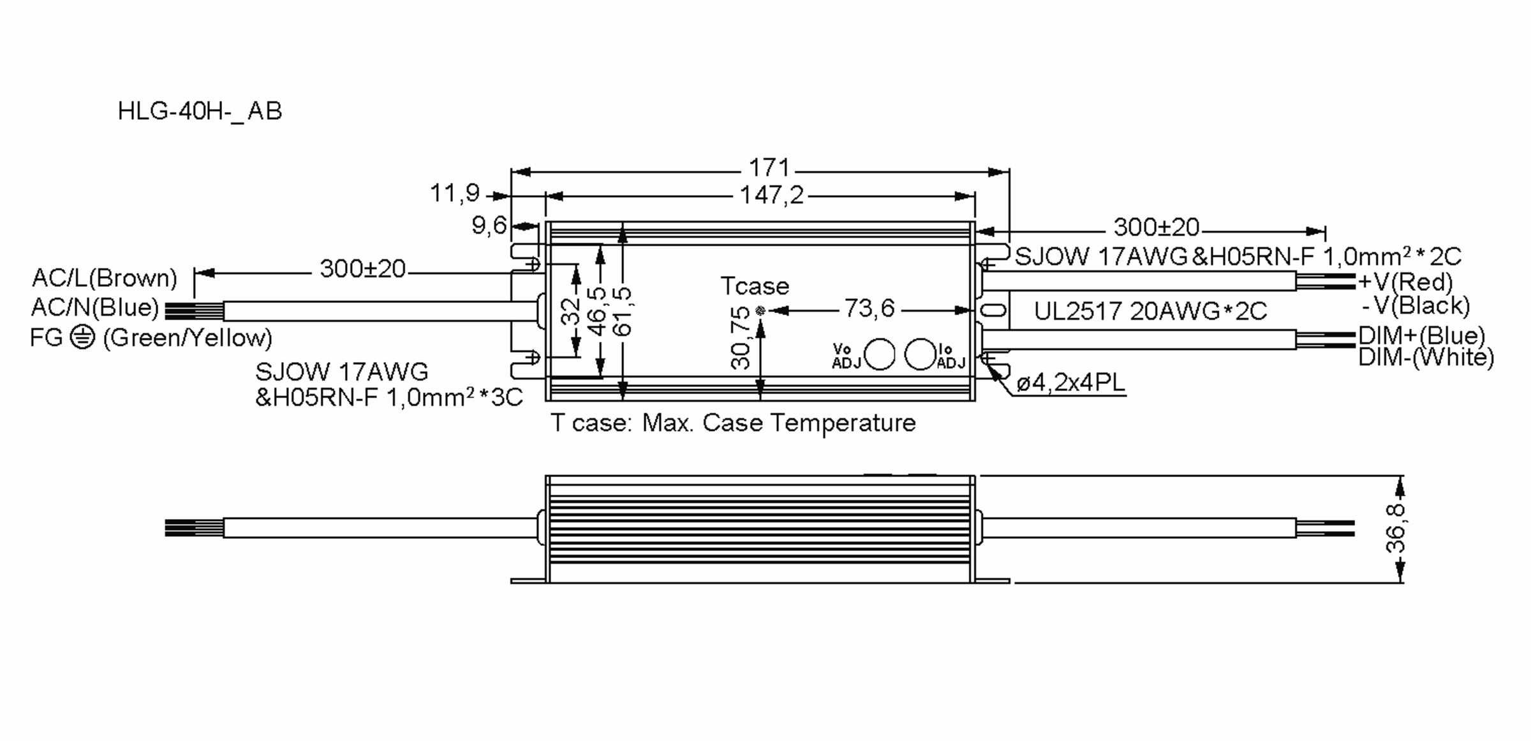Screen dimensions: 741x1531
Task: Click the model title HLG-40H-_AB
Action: click(x=200, y=112)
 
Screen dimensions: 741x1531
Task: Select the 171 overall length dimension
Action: click(x=769, y=168)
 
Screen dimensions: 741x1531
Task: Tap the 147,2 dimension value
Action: click(x=771, y=195)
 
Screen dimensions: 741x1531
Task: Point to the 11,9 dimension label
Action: click(x=454, y=193)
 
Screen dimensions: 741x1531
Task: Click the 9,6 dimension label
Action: click(x=489, y=225)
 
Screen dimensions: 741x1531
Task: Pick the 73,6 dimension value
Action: click(x=869, y=309)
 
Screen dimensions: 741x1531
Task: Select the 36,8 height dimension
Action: click(x=1395, y=528)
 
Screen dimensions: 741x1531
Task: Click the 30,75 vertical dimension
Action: click(x=741, y=338)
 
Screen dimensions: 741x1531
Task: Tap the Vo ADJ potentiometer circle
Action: click(x=879, y=355)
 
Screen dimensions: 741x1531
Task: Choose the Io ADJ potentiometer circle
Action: click(x=920, y=355)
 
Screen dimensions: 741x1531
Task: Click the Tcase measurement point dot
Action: click(x=760, y=311)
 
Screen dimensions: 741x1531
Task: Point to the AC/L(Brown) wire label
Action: click(x=105, y=278)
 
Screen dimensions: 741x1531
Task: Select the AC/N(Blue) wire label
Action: click(x=95, y=307)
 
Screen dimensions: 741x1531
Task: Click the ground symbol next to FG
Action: click(x=82, y=337)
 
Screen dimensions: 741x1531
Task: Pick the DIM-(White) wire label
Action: click(x=1426, y=357)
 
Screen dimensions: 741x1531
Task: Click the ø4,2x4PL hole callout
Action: click(x=1070, y=383)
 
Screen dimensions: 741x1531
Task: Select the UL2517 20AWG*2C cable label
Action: click(x=1150, y=311)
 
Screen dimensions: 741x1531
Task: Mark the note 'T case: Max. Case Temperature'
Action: click(x=733, y=423)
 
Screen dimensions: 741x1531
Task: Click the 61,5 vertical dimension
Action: click(x=621, y=311)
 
